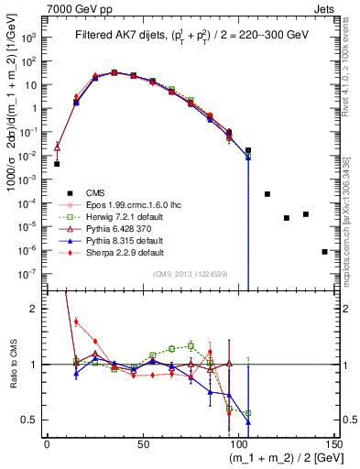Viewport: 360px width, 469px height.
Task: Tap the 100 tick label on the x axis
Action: coord(238,443)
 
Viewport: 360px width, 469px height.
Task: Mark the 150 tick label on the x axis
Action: coord(333,443)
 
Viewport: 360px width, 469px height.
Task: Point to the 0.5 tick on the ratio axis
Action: coord(32,420)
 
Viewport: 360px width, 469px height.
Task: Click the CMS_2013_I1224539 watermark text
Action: coord(190,274)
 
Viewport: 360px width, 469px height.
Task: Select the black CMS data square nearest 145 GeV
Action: coord(324,251)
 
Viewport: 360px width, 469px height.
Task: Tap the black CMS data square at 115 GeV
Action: coord(267,194)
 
